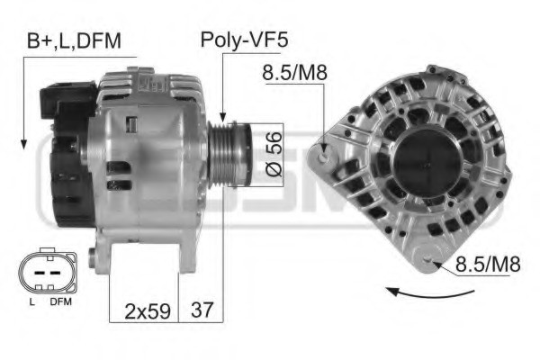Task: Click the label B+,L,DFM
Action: point(73,40)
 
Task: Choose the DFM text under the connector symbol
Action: point(60,302)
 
